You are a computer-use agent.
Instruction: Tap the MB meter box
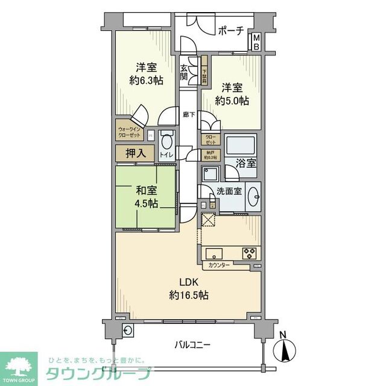[x=256, y=42]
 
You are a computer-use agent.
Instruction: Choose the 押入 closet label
[x=135, y=153]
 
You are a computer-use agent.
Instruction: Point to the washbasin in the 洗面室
[x=254, y=196]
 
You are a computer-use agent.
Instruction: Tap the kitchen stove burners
[x=250, y=253]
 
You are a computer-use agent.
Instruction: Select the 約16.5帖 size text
[x=188, y=296]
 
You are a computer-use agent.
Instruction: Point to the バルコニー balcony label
[x=192, y=345]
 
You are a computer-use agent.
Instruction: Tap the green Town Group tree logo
[x=18, y=366]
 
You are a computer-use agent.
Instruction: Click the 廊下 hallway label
[x=189, y=113]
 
